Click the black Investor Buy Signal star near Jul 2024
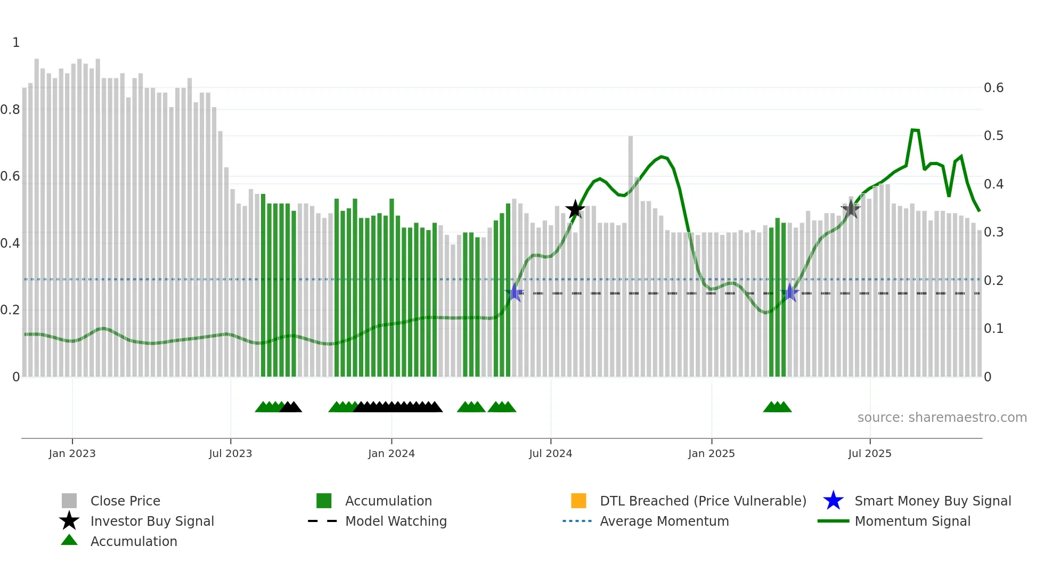575,209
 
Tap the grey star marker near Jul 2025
851,209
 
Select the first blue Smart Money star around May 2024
515,292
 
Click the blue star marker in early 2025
790,292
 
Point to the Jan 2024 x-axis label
391,453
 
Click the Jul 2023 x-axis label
230,453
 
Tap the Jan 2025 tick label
711,453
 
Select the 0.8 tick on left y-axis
10,110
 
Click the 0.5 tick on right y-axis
993,136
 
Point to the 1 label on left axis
16,43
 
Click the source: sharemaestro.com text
942,418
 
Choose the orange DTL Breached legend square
578,501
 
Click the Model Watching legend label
396,521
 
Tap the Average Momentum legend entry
664,521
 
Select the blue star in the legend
833,501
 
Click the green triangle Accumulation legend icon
69,541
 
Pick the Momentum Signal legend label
912,521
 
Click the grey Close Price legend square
69,501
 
